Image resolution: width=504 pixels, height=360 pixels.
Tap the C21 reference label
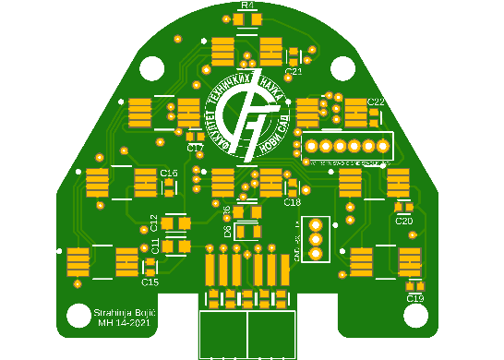click(x=294, y=71)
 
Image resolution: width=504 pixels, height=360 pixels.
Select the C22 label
click(x=376, y=101)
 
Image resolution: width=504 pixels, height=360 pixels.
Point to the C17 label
click(x=195, y=148)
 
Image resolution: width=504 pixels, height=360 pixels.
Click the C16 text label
click(x=169, y=174)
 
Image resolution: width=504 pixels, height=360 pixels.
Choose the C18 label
click(x=293, y=202)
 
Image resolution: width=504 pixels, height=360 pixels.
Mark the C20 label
click(x=403, y=221)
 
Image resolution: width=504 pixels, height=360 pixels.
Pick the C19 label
click(x=414, y=298)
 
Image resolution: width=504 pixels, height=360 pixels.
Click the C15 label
click(x=150, y=282)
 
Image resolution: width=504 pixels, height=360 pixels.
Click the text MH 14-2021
click(x=124, y=323)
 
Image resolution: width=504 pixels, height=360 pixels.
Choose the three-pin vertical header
click(x=315, y=239)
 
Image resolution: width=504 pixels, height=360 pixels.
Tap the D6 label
click(x=228, y=231)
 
